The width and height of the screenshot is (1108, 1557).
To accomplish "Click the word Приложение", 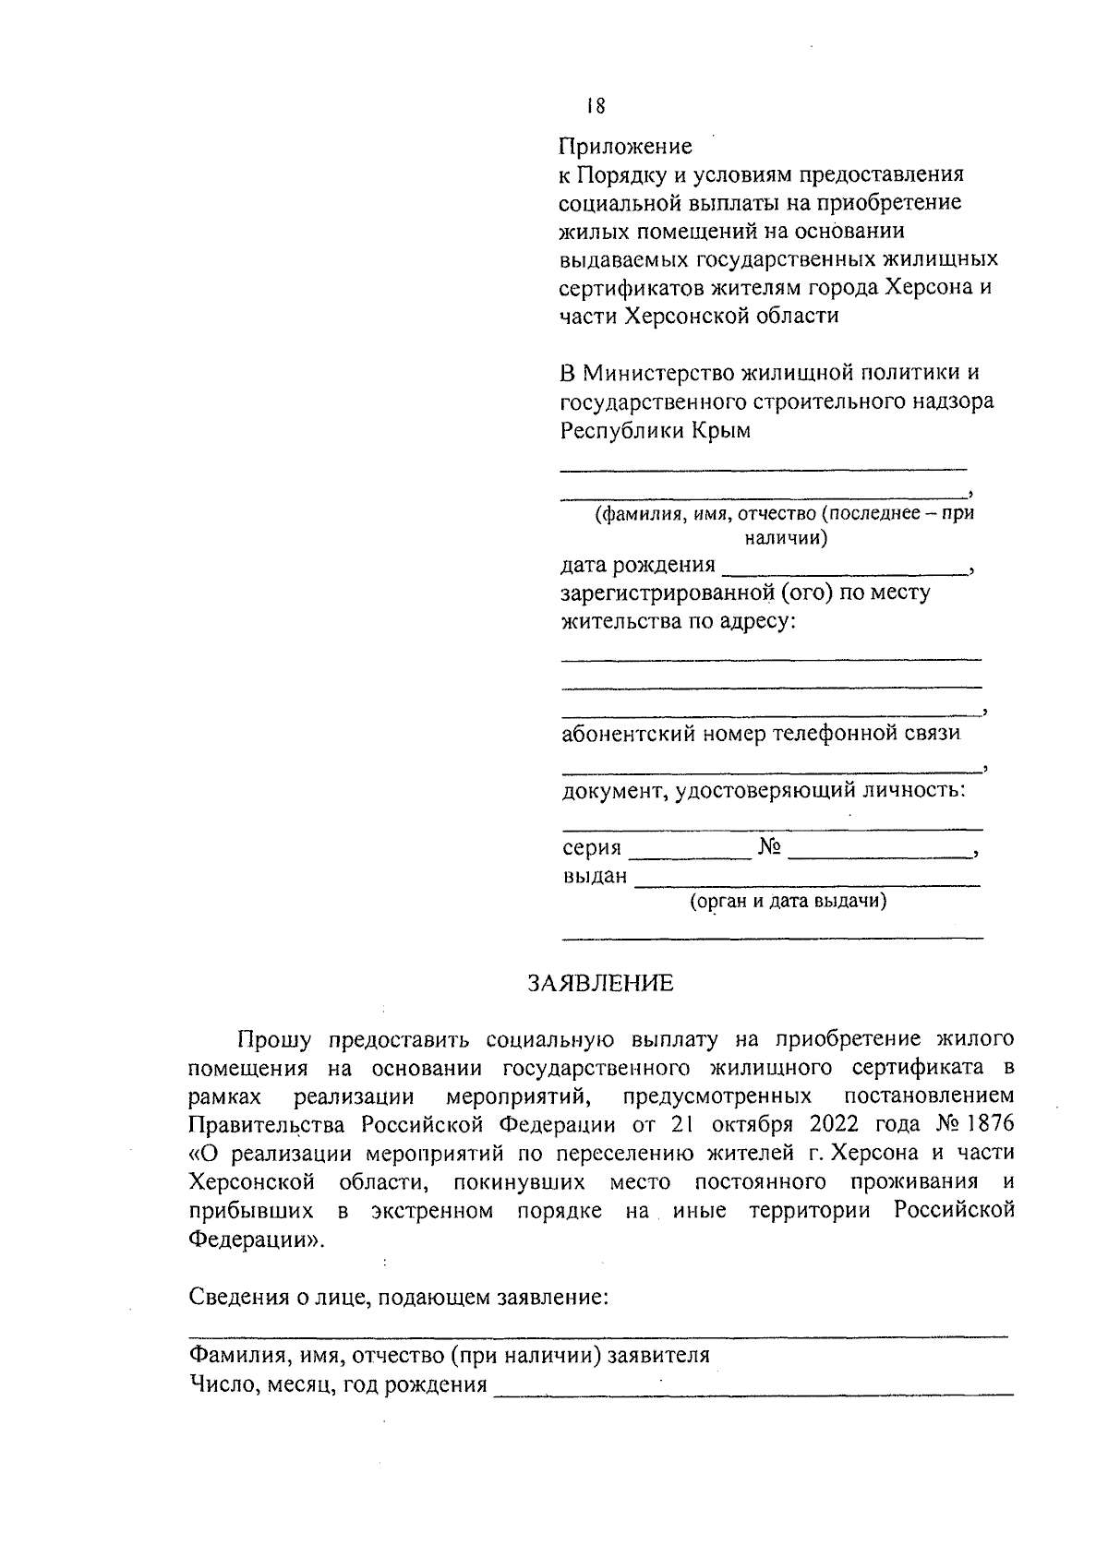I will coord(625,147).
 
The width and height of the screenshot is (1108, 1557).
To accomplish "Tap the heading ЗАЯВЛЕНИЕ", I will coord(600,983).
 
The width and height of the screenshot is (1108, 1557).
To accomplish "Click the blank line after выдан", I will coord(808,884).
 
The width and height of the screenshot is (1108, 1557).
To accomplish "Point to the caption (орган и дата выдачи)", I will coord(789,901).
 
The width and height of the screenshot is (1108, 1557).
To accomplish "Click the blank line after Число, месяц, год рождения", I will coord(753,1393).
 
